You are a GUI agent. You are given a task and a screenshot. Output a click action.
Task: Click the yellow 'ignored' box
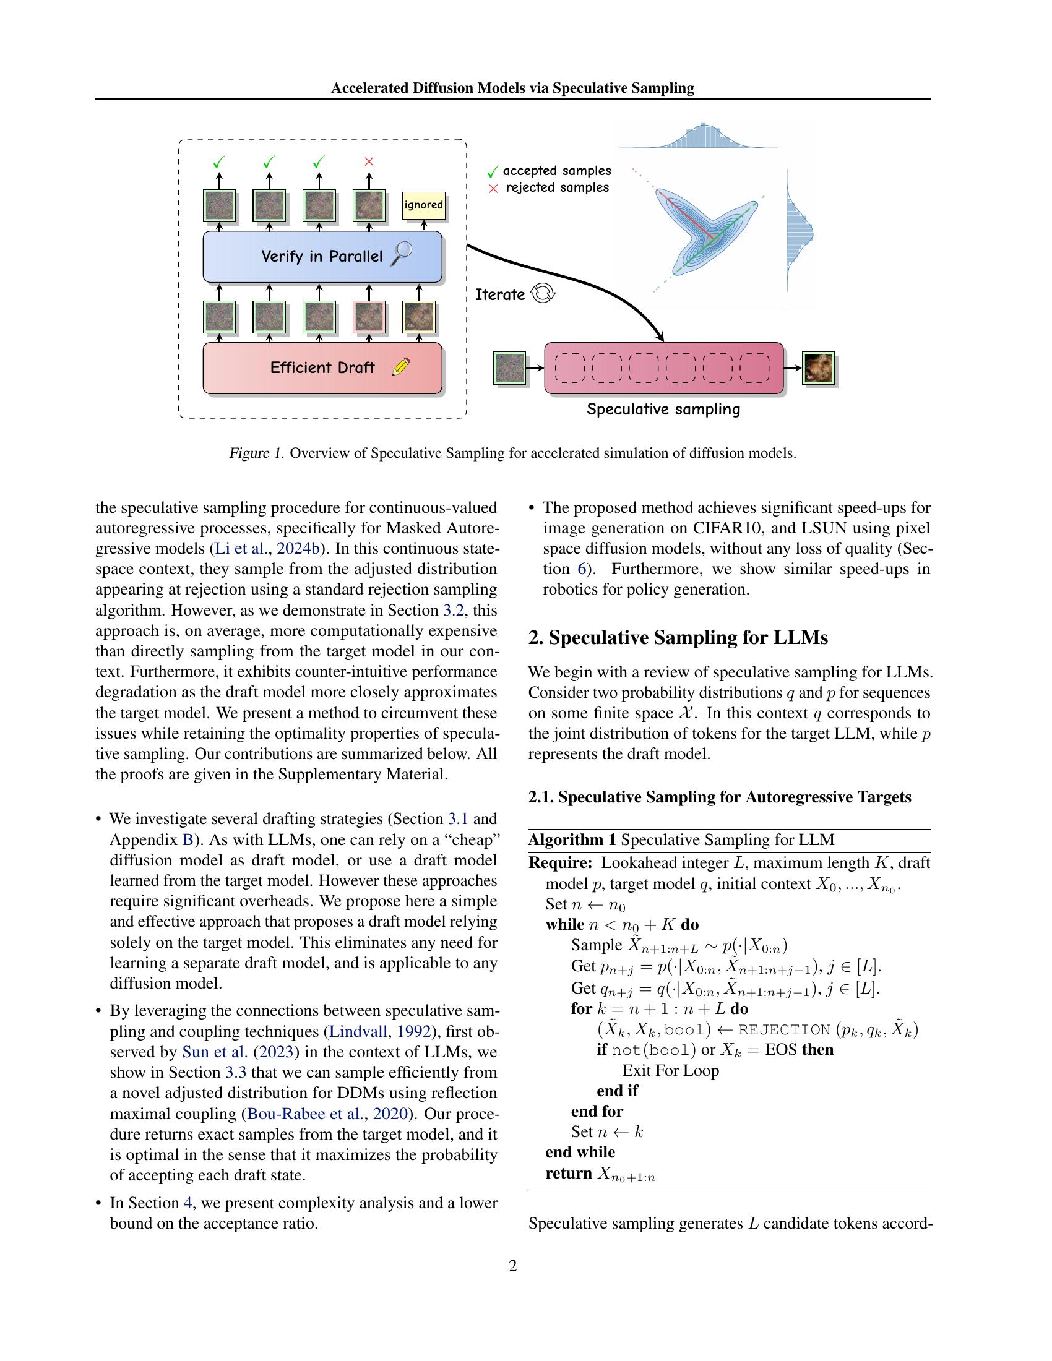click(424, 205)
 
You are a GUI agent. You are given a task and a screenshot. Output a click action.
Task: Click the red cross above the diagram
click(368, 162)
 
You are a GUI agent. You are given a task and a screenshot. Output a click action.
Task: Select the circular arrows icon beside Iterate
click(542, 293)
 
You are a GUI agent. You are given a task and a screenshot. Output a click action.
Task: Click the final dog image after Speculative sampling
click(817, 368)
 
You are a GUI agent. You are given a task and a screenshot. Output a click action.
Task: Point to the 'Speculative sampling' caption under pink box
click(663, 410)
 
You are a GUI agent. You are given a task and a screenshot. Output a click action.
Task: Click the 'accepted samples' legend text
click(556, 171)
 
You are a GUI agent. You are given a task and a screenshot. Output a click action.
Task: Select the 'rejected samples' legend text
click(557, 187)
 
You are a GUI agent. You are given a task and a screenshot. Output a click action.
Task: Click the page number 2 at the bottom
click(513, 1265)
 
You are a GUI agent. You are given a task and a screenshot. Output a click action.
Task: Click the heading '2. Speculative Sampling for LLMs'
click(678, 637)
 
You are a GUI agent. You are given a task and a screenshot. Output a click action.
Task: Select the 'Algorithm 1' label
click(572, 839)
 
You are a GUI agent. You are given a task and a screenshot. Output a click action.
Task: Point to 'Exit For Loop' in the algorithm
click(671, 1071)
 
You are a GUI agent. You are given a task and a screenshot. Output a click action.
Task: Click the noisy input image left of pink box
click(510, 368)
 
